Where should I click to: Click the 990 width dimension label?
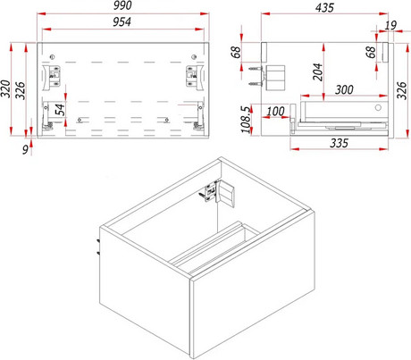coord(122,5)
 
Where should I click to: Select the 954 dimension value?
coord(122,21)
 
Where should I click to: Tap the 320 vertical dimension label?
coord(6,88)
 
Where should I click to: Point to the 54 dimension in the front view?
coord(61,110)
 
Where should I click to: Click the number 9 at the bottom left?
coord(26,149)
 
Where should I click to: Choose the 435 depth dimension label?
coord(324,7)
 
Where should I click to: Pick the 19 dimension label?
coord(390,25)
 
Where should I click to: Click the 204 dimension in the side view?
coord(317,71)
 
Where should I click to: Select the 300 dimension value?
coord(344,89)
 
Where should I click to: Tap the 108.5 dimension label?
coord(246,120)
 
